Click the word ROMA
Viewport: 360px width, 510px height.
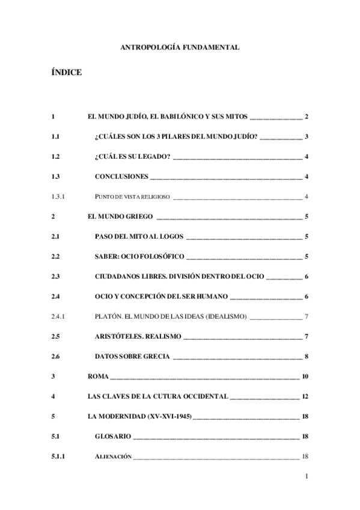tap(97, 377)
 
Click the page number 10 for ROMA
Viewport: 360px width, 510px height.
tap(305, 377)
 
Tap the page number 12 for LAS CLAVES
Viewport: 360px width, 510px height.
tap(305, 397)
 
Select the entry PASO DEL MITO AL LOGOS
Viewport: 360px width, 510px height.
tap(139, 237)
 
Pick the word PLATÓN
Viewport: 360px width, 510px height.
tap(108, 317)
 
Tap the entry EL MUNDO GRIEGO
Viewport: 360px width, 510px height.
tap(120, 217)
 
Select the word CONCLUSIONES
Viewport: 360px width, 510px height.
tap(121, 177)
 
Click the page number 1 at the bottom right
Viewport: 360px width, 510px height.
tap(307, 478)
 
